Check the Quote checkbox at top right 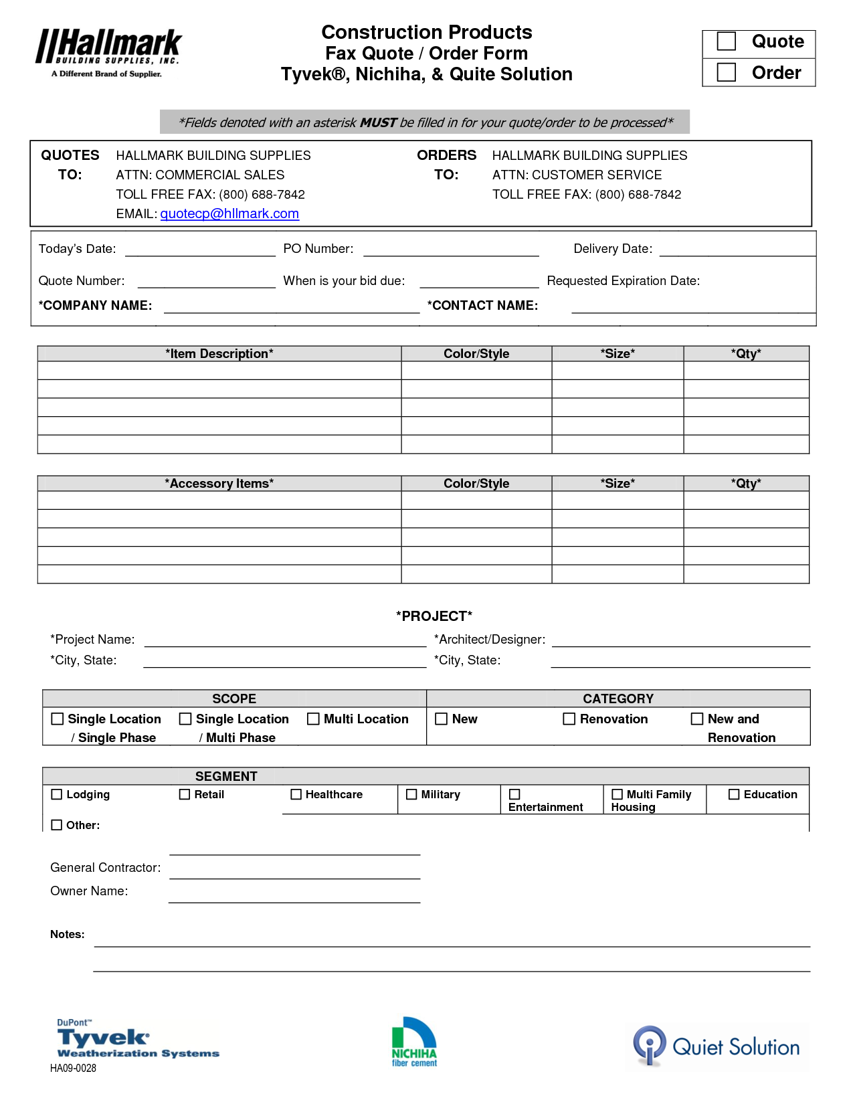[726, 41]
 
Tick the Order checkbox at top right [726, 72]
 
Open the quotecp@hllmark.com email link [229, 213]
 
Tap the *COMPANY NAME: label [95, 306]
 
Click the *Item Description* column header [219, 354]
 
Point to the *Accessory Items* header [219, 484]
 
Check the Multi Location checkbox [313, 719]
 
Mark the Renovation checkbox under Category [569, 719]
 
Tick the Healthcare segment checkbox [296, 794]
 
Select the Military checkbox [411, 794]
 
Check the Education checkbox [734, 794]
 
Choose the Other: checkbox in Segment [57, 825]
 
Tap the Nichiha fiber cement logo [414, 1042]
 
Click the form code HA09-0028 [73, 1068]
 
